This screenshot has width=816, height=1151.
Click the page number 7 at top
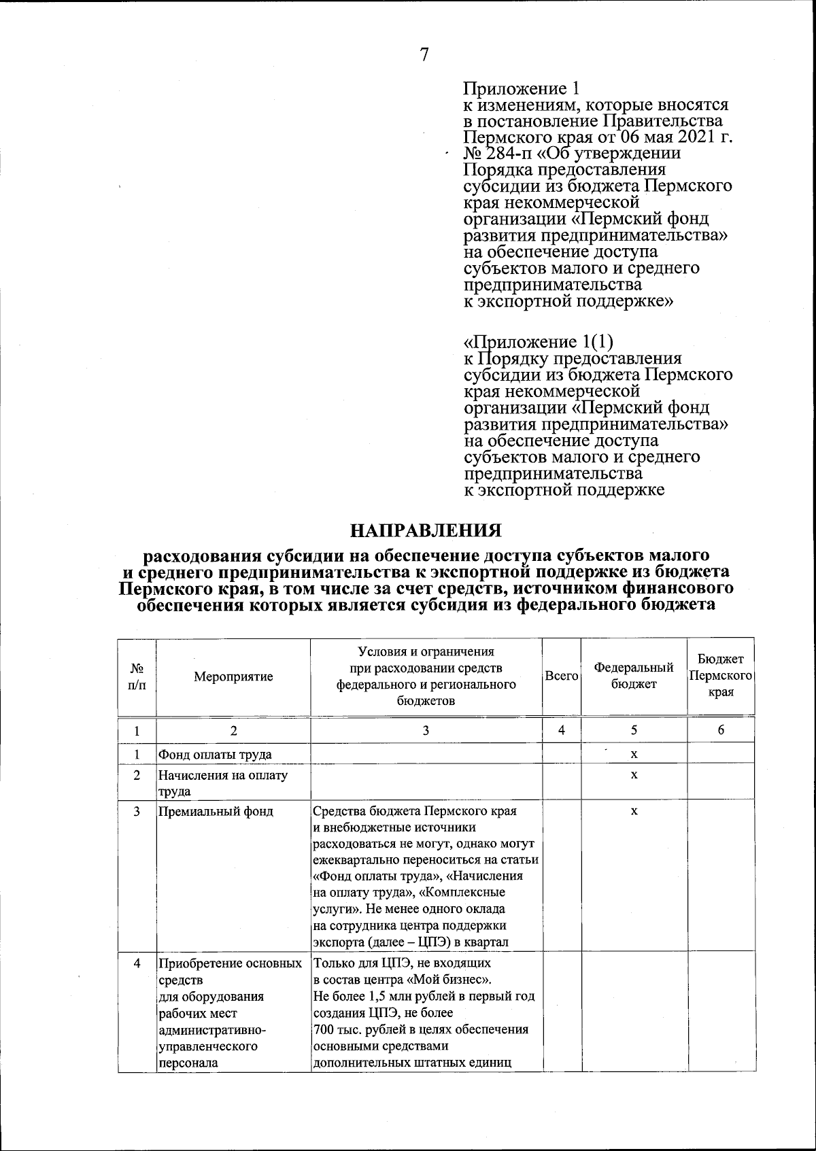pos(424,54)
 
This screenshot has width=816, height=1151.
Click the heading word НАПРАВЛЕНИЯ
pos(426,530)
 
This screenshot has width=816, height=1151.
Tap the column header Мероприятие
pos(233,676)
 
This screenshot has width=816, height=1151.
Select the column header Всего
pos(562,676)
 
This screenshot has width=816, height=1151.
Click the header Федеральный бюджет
pos(634,676)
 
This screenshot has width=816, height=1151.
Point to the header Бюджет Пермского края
pos(721,676)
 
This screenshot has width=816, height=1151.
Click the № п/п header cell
pos(137,676)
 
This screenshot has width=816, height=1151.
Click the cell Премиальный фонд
pos(216,811)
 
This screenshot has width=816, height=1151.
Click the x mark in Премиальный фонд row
pos(634,811)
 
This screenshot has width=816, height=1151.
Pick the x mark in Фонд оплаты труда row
pos(634,754)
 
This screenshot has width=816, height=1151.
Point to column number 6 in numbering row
pos(721,731)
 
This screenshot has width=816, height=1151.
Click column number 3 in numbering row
pos(426,731)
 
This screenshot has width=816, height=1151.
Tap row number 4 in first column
pos(137,963)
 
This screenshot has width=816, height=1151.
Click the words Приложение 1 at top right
pos(521,88)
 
